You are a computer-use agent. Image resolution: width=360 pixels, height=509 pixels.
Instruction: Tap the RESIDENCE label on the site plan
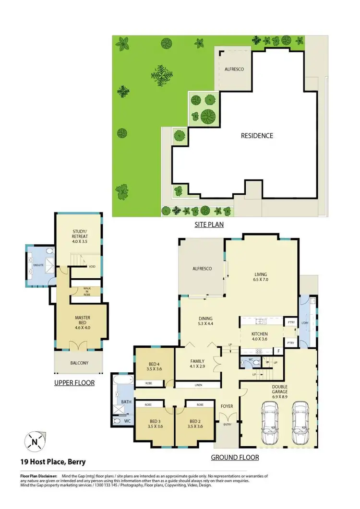[257, 136]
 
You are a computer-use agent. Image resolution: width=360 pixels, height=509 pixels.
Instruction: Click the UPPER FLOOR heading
[74, 383]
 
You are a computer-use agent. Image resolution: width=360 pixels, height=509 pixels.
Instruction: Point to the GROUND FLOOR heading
[235, 457]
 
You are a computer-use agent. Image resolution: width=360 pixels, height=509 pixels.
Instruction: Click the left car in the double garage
[270, 418]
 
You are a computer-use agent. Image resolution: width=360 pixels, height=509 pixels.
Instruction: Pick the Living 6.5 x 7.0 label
[261, 278]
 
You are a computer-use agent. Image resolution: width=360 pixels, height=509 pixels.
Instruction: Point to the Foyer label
[227, 406]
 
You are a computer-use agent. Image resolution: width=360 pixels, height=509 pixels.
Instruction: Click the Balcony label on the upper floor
[79, 363]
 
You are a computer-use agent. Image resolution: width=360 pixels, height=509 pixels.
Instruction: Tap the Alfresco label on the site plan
[234, 69]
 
